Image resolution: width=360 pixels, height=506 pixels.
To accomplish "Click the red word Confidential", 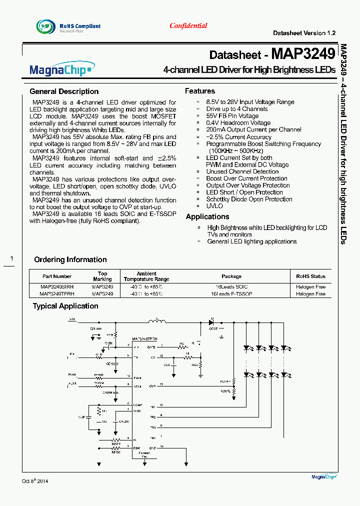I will point(188,25).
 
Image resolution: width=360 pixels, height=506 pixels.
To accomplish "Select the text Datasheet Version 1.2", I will point(304,33).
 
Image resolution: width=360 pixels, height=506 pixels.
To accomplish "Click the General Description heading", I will point(64,91).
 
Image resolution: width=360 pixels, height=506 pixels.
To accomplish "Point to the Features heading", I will point(200,91).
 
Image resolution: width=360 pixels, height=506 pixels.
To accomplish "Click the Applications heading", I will point(207,216).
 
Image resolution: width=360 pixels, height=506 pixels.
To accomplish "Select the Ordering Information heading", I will point(70,259).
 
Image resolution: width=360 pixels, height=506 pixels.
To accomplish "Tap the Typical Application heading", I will point(65,306).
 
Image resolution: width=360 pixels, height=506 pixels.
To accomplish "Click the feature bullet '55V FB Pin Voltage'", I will point(232,116).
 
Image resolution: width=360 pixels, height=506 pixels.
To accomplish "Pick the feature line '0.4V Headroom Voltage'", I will point(238,123).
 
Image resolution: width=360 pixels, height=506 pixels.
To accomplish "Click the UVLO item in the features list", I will point(214,206).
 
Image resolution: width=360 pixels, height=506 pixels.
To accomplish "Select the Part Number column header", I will point(57,276).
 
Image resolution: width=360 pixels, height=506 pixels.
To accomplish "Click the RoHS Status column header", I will point(310,276).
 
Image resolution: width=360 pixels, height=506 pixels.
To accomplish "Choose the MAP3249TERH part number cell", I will point(57,294).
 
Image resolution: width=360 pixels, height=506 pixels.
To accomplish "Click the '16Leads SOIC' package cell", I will point(231,287).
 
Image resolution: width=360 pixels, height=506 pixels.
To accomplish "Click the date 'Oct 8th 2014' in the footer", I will point(35,481).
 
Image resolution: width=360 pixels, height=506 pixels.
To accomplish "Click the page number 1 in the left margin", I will point(12,258).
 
